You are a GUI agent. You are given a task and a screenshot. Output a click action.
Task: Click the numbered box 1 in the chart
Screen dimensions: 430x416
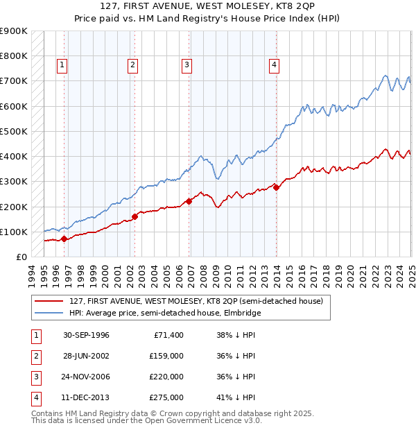62,65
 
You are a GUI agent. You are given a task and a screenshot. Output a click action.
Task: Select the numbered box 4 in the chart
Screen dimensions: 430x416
275,65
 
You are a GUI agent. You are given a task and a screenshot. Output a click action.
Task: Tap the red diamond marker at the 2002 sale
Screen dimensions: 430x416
135,216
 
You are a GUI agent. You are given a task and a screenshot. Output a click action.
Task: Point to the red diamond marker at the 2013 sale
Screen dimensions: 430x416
276,187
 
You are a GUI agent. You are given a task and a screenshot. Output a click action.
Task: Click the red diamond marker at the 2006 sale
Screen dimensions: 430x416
189,201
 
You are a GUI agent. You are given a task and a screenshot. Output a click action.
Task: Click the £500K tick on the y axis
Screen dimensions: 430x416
15,131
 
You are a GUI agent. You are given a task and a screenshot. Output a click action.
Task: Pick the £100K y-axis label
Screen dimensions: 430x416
15,232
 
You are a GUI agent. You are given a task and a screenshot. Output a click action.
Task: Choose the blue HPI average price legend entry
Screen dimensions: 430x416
164,313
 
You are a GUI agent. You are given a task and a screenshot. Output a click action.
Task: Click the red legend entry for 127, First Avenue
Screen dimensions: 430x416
196,301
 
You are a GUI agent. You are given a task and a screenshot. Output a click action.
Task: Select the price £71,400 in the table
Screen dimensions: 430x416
166,335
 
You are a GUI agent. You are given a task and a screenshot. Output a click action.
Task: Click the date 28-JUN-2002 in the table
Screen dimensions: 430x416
86,356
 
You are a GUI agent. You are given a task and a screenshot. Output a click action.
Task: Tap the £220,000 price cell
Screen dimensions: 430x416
166,377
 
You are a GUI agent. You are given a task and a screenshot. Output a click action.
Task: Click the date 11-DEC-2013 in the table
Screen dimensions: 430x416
86,397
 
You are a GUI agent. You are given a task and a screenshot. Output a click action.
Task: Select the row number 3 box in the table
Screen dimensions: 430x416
35,377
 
